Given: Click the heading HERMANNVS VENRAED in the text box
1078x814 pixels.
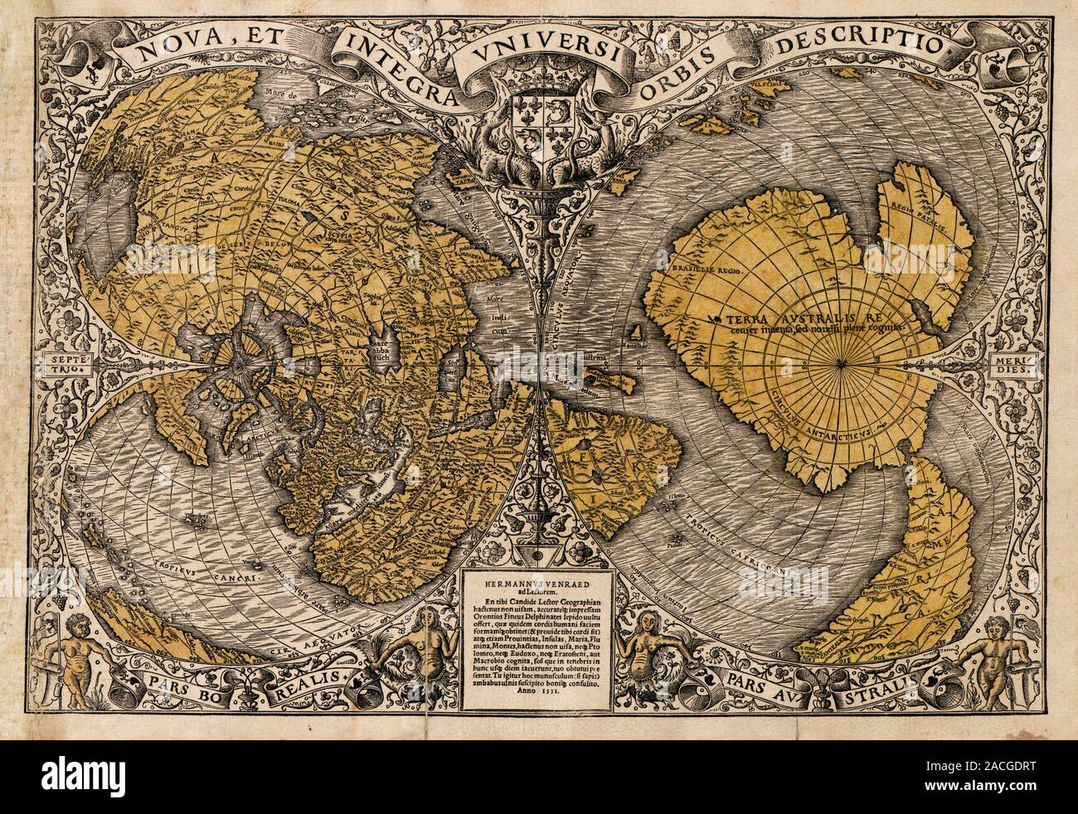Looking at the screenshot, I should tap(538, 582).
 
